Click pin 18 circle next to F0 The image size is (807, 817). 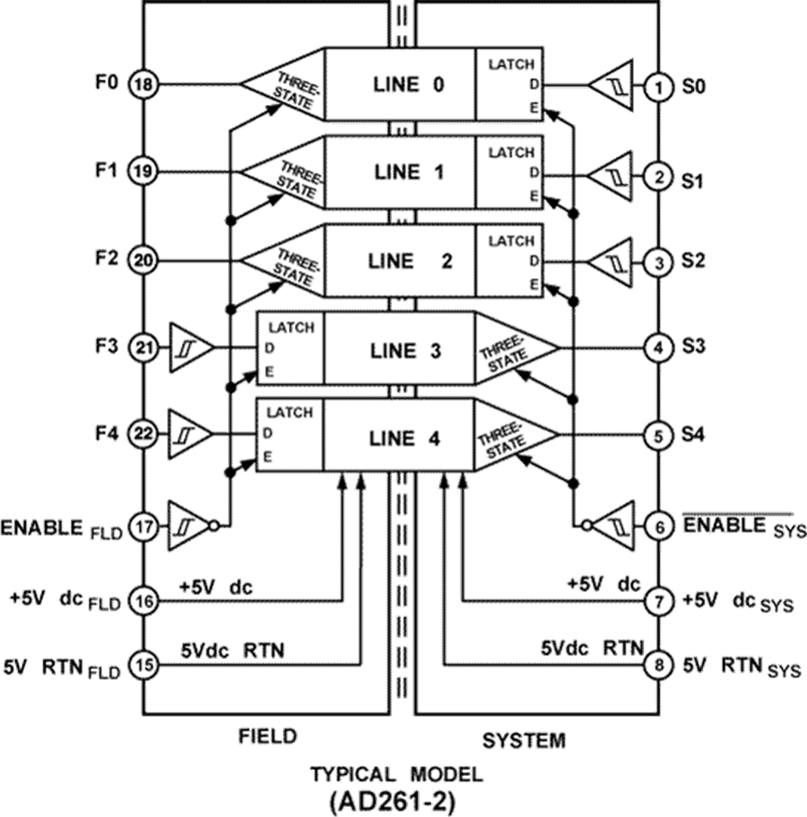point(143,84)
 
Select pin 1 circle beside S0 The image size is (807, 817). point(659,87)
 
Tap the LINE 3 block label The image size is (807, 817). point(406,350)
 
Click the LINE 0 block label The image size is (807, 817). point(409,84)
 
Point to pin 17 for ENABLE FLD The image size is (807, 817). point(143,528)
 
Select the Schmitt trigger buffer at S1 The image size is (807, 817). point(610,176)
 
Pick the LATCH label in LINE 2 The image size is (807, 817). point(511,241)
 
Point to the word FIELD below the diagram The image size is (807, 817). point(267,736)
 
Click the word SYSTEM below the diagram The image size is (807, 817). point(524,740)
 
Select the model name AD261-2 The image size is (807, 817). point(392,803)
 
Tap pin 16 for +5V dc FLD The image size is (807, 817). point(143,601)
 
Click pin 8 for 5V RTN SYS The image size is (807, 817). point(659,665)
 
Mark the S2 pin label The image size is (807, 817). point(693,260)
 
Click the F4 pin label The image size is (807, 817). point(107,433)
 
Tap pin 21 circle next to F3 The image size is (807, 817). point(143,348)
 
